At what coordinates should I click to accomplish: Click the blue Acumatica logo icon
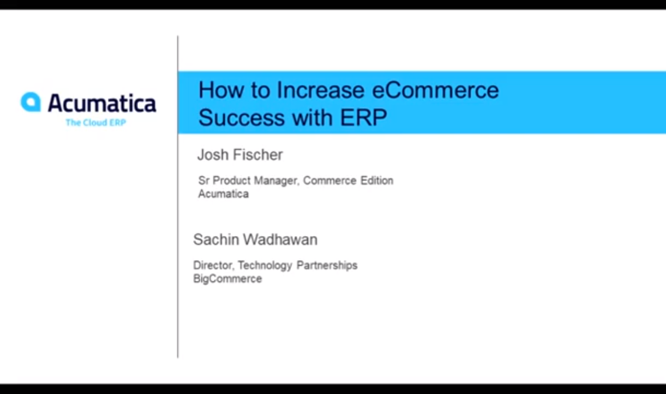click(31, 102)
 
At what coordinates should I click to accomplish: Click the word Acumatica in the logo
click(102, 103)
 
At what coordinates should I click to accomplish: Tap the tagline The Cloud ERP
click(96, 122)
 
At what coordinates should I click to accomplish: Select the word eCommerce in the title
click(435, 90)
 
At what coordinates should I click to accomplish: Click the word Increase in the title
click(321, 90)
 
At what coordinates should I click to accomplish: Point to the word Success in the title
click(242, 117)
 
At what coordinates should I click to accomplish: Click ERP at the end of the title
click(363, 117)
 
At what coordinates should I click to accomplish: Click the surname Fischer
click(258, 155)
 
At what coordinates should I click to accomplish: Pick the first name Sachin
click(216, 240)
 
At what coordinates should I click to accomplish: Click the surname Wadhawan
click(280, 240)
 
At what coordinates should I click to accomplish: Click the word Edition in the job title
click(377, 180)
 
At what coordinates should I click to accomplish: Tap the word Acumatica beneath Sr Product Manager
click(224, 194)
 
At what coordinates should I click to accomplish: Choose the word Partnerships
click(327, 266)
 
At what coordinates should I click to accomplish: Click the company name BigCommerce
click(228, 279)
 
